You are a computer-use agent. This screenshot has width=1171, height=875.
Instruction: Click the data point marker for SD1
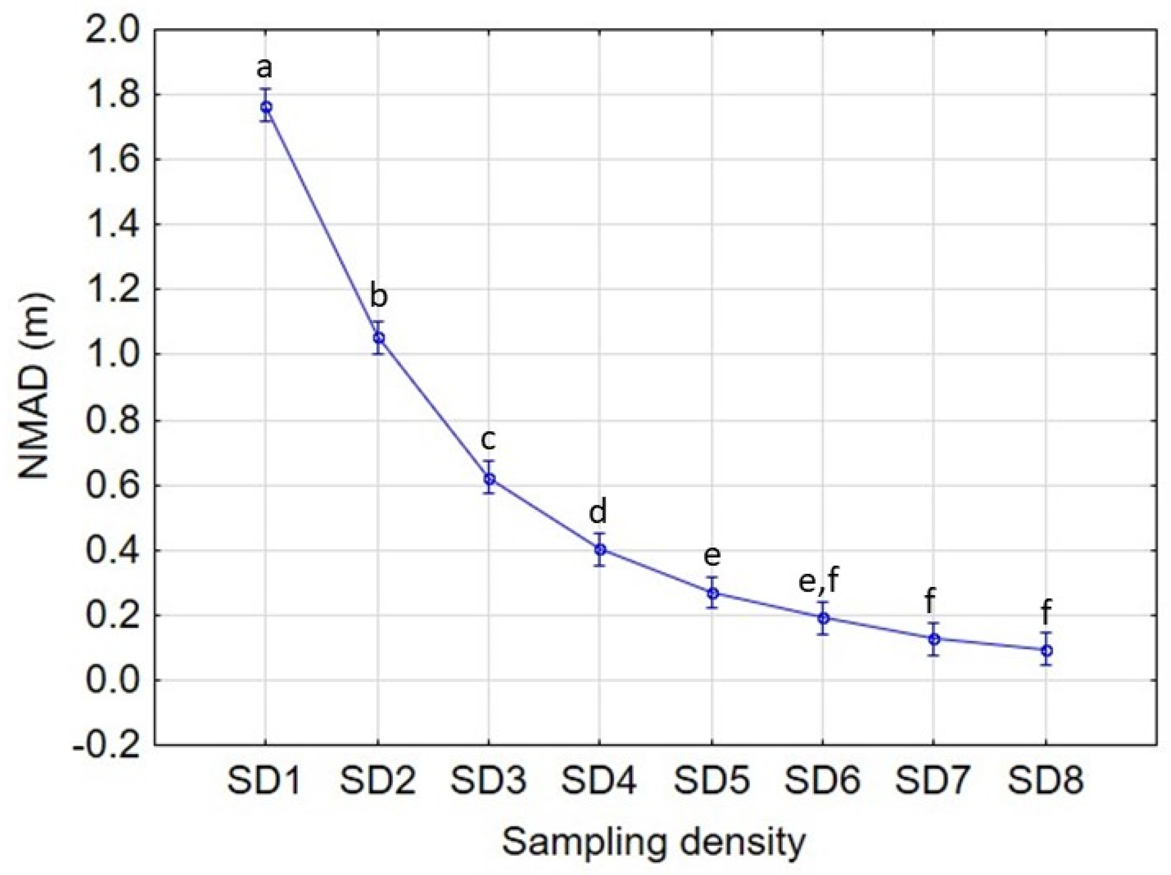[x=266, y=107]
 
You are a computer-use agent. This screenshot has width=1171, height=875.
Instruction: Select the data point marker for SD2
[x=379, y=337]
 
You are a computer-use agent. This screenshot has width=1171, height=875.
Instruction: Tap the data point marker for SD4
[x=600, y=549]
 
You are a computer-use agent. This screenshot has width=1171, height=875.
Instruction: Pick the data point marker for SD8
[x=1046, y=650]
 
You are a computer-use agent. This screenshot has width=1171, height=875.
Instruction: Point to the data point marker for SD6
[x=823, y=618]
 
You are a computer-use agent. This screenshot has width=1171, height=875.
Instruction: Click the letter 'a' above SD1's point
[x=264, y=68]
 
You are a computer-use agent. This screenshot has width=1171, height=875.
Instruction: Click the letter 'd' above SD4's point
[x=598, y=512]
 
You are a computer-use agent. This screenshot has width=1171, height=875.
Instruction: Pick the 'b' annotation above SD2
[x=379, y=296]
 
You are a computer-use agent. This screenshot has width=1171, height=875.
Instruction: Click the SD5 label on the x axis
[x=711, y=781]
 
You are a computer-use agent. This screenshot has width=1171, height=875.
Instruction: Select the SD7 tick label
[x=932, y=781]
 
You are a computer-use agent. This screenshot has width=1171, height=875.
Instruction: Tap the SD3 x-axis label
[x=488, y=781]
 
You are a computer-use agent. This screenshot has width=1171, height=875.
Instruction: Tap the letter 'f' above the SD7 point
[x=929, y=602]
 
